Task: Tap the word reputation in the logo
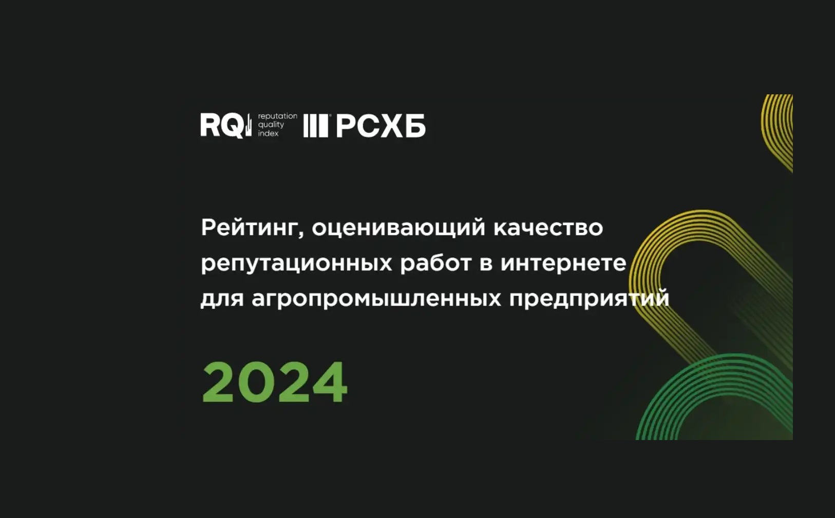click(278, 116)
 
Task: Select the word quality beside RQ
click(271, 125)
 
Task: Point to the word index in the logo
click(268, 133)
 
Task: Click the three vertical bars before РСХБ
click(316, 126)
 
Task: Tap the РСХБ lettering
click(381, 126)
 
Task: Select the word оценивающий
click(398, 228)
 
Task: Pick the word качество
click(548, 228)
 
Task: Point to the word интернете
click(563, 264)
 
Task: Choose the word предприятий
click(590, 299)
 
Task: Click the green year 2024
click(275, 382)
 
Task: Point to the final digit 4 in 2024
click(330, 382)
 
